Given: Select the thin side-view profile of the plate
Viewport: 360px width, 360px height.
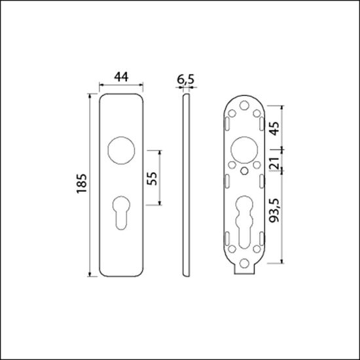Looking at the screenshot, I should (186, 187).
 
